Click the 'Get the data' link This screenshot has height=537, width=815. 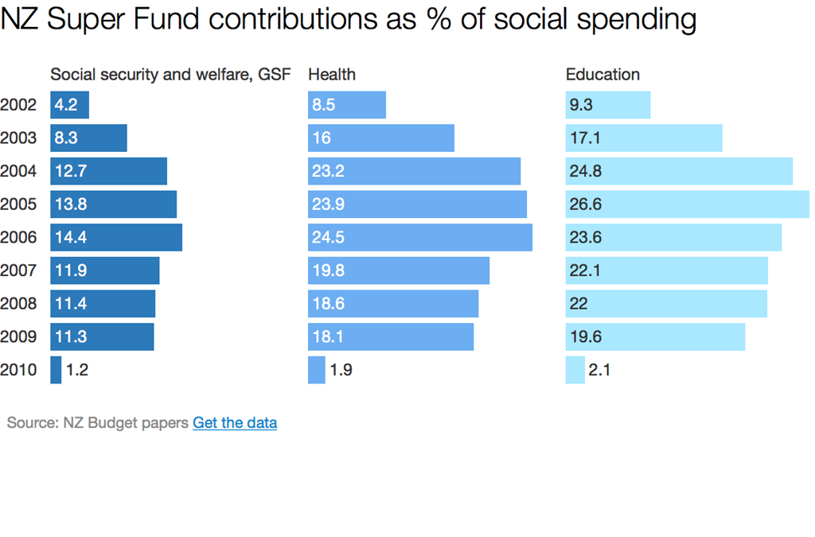235,423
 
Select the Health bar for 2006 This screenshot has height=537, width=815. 420,237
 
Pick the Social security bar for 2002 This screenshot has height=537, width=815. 70,105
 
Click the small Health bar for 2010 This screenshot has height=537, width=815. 317,370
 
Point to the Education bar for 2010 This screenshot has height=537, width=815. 575,370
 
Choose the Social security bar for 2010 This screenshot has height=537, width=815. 56,370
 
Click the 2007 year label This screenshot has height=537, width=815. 18,270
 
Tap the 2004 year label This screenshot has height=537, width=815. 18,171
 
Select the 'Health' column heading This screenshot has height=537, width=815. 332,75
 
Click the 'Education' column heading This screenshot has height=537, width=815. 602,75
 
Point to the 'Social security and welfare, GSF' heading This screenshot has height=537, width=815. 170,75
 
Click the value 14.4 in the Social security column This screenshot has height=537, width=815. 71,238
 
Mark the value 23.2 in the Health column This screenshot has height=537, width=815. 328,171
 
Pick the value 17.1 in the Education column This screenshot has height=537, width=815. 585,138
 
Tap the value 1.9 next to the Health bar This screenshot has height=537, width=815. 341,370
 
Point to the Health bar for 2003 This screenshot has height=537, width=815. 381,138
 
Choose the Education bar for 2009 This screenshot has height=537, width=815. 655,337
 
